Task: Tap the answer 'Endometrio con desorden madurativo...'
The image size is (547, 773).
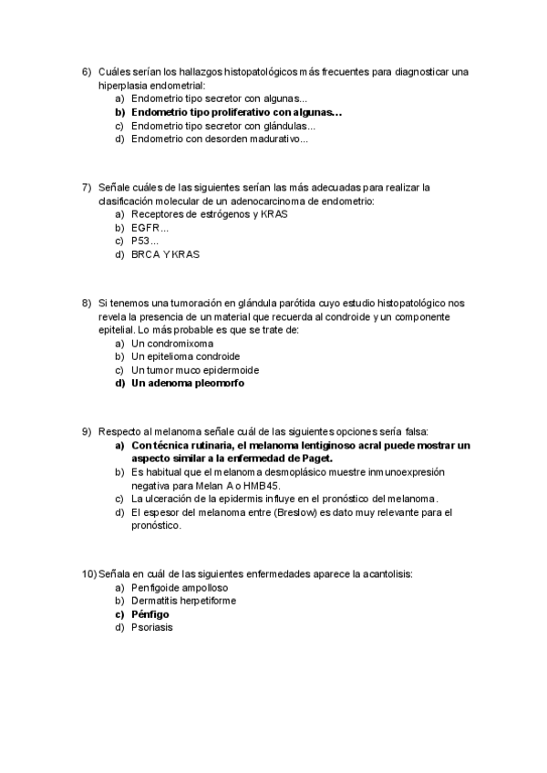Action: click(220, 139)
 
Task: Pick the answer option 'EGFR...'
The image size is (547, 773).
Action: click(150, 228)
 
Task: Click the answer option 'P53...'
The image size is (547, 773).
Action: click(145, 242)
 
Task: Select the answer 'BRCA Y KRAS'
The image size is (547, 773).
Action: click(165, 255)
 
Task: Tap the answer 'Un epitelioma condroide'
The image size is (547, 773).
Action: click(186, 357)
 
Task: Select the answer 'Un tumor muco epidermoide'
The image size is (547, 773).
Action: click(195, 371)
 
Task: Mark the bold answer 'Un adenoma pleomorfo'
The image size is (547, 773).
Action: click(188, 385)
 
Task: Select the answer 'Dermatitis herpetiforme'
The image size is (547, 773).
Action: click(184, 601)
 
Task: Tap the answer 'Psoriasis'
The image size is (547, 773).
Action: click(152, 628)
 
